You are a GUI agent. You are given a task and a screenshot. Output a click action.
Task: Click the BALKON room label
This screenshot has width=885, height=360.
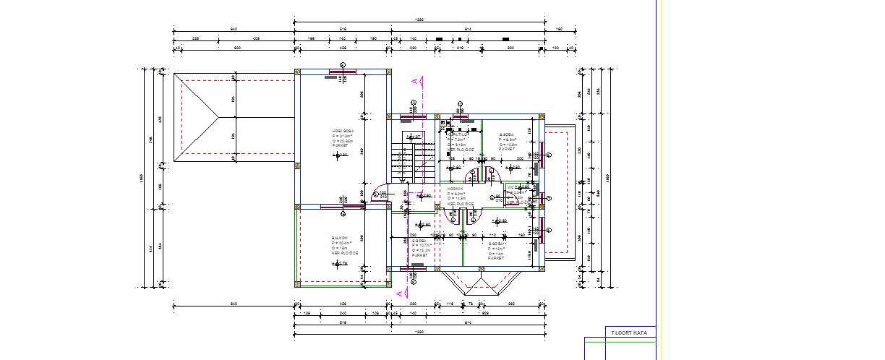pyautogui.click(x=340, y=236)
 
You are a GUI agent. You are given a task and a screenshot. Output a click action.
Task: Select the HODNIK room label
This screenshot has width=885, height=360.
pyautogui.click(x=456, y=189)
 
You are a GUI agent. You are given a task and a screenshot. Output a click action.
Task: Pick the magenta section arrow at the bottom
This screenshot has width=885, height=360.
pyautogui.click(x=399, y=293)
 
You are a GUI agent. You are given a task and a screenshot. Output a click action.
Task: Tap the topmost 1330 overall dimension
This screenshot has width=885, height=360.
pyautogui.click(x=418, y=20)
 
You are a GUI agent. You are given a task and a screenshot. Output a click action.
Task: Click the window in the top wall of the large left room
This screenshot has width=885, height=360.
pyautogui.click(x=341, y=71)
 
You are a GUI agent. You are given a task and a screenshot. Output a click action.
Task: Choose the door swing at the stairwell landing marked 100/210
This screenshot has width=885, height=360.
pyautogui.click(x=379, y=192)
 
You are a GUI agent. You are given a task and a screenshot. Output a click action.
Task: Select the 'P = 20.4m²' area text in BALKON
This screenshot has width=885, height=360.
pyautogui.click(x=341, y=243)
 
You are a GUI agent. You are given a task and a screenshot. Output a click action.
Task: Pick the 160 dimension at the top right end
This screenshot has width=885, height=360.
pyautogui.click(x=560, y=28)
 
